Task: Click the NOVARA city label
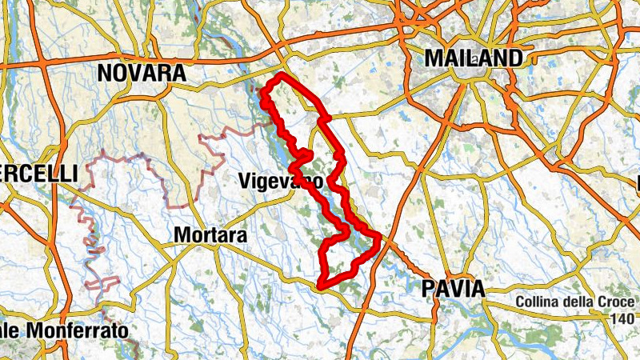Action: [x=141, y=74]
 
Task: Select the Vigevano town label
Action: [x=281, y=182]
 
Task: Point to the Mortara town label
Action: [x=211, y=236]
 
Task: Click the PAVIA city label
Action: [x=453, y=289]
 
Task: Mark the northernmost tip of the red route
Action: [x=281, y=74]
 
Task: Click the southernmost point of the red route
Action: [x=320, y=286]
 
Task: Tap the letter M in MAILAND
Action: [x=435, y=58]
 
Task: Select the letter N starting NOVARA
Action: [x=105, y=74]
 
